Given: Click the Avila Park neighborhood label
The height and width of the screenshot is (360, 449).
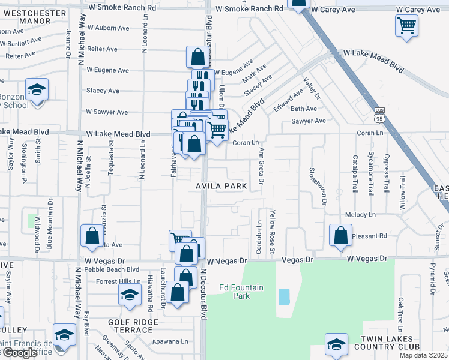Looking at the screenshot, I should click(x=221, y=186).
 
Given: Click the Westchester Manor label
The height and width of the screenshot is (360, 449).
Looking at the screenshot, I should click(x=31, y=15).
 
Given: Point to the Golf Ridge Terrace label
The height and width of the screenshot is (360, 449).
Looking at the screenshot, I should click(x=133, y=326).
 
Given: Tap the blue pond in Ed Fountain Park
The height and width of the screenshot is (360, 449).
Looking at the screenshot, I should click(x=284, y=296).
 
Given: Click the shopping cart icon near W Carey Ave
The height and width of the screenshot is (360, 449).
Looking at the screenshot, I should click(x=407, y=26).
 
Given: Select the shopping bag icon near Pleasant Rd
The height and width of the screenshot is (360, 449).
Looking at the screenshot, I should click(x=340, y=235).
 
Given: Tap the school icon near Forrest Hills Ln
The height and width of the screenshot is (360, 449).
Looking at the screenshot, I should click(x=129, y=295).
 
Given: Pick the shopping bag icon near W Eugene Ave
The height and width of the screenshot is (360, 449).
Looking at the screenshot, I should click(x=197, y=58).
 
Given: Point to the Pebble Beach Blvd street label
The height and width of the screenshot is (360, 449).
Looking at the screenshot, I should click(x=112, y=270).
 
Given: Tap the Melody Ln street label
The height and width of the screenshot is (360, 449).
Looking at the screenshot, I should click(x=360, y=214).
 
